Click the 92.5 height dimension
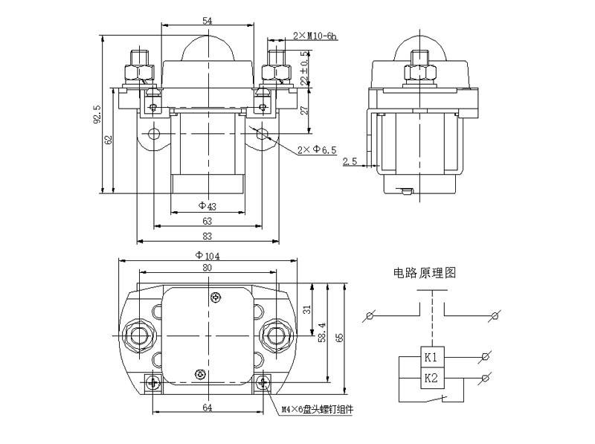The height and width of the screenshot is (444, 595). (97, 115)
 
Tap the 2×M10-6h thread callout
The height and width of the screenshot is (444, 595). (315, 36)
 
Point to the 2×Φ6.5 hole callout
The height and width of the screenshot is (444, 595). (317, 150)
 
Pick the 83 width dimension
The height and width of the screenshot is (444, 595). (207, 236)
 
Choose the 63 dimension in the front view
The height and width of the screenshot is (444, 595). (207, 221)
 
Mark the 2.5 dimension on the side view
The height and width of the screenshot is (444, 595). (350, 161)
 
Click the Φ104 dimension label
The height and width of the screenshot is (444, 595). (208, 255)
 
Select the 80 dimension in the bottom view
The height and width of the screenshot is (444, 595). (207, 268)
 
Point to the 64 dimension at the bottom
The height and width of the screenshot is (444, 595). (208, 408)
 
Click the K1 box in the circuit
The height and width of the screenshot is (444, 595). (431, 358)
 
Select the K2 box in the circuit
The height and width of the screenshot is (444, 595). (431, 378)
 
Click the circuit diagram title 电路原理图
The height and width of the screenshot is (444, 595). (425, 273)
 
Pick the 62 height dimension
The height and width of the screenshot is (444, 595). (108, 139)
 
